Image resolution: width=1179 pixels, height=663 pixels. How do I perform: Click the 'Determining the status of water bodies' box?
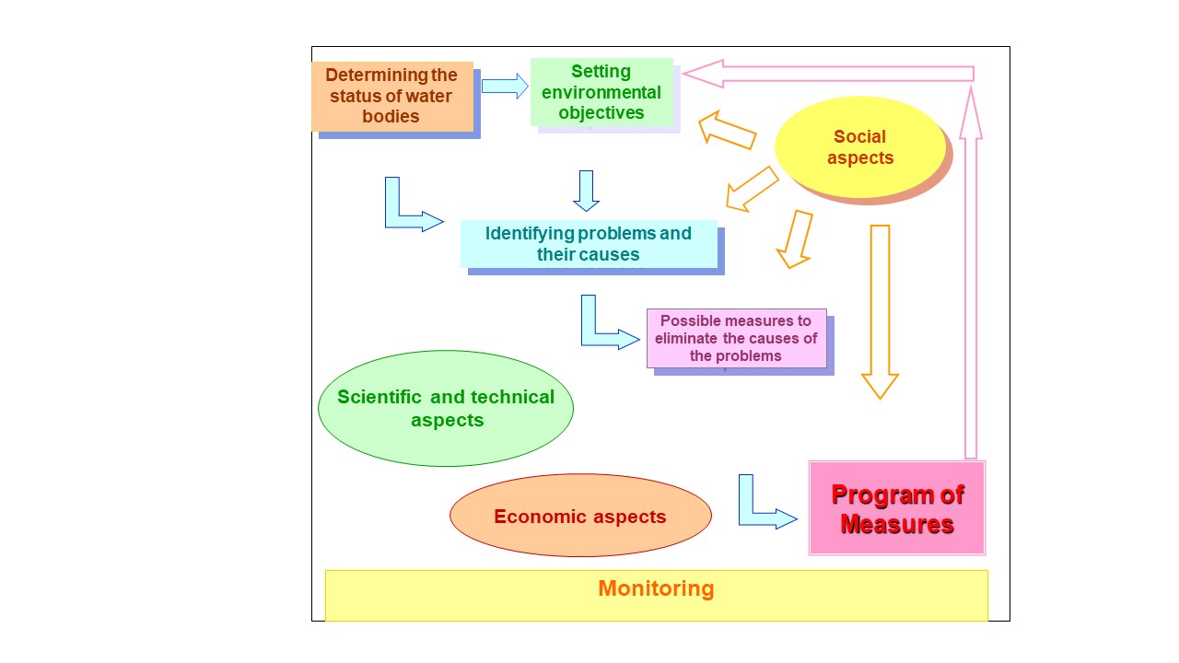[391, 96]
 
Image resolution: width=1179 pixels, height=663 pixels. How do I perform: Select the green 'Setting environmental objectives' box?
[601, 92]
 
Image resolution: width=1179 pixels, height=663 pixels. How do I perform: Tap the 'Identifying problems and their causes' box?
[589, 244]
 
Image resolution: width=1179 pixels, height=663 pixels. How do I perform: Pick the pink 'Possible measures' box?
[736, 338]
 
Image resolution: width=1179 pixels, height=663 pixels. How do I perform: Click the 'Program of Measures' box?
[896, 508]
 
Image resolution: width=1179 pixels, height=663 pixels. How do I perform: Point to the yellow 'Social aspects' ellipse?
[859, 147]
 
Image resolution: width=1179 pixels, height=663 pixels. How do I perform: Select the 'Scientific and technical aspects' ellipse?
[446, 408]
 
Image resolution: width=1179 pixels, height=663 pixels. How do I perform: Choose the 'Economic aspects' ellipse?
[580, 516]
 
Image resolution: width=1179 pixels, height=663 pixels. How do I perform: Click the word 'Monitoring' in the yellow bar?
[656, 588]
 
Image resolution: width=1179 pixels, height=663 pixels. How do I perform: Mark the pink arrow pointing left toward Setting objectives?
[829, 74]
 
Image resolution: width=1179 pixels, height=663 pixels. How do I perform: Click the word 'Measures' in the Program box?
[896, 525]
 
